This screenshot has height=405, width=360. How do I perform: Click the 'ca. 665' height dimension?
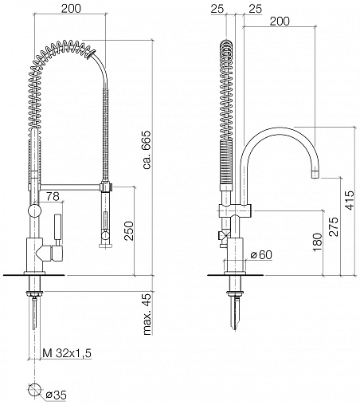tap(147, 149)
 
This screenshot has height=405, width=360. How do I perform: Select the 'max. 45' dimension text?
tap(147, 313)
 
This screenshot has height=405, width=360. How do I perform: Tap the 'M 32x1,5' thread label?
tap(67, 353)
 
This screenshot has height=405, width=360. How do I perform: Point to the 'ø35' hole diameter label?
tap(56, 395)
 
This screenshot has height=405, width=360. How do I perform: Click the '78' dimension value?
tap(53, 196)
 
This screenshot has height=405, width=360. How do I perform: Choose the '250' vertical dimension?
tap(130, 230)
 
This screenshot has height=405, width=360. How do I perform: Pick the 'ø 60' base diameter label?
tap(261, 255)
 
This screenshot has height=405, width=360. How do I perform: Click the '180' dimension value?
tap(317, 242)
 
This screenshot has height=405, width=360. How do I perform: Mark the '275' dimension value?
tap(334, 226)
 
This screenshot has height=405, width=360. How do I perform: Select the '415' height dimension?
tap(350, 200)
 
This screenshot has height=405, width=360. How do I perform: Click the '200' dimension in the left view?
tap(71, 9)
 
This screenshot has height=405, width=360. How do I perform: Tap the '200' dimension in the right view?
tap(280, 22)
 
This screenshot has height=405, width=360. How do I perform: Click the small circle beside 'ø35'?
tap(34, 390)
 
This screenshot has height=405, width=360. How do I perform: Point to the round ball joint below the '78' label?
tap(34, 211)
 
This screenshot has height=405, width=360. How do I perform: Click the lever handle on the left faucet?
tap(58, 228)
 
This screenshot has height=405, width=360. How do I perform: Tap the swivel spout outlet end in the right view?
tap(315, 175)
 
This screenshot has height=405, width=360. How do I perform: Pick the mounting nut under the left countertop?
tap(34, 293)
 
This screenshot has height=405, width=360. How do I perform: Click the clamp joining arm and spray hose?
tap(106, 187)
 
